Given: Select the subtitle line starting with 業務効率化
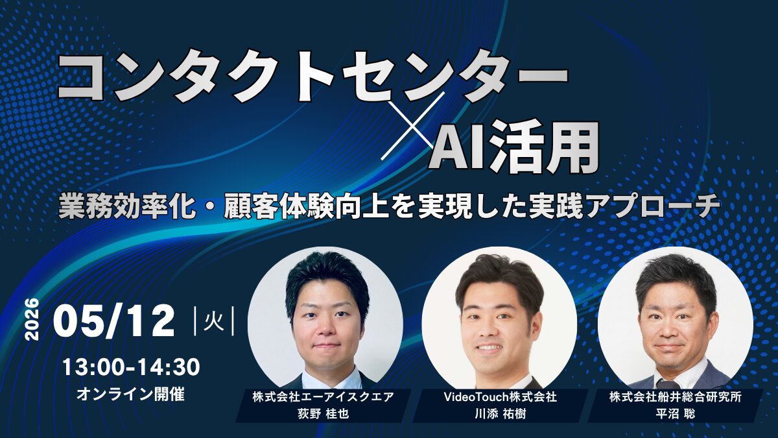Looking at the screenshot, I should (x=389, y=207).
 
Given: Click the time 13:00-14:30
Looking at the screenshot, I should (x=130, y=367).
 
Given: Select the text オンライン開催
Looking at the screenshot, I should (x=130, y=393).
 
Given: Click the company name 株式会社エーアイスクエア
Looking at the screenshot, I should (x=323, y=397).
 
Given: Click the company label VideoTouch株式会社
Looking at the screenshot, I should (x=499, y=397).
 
